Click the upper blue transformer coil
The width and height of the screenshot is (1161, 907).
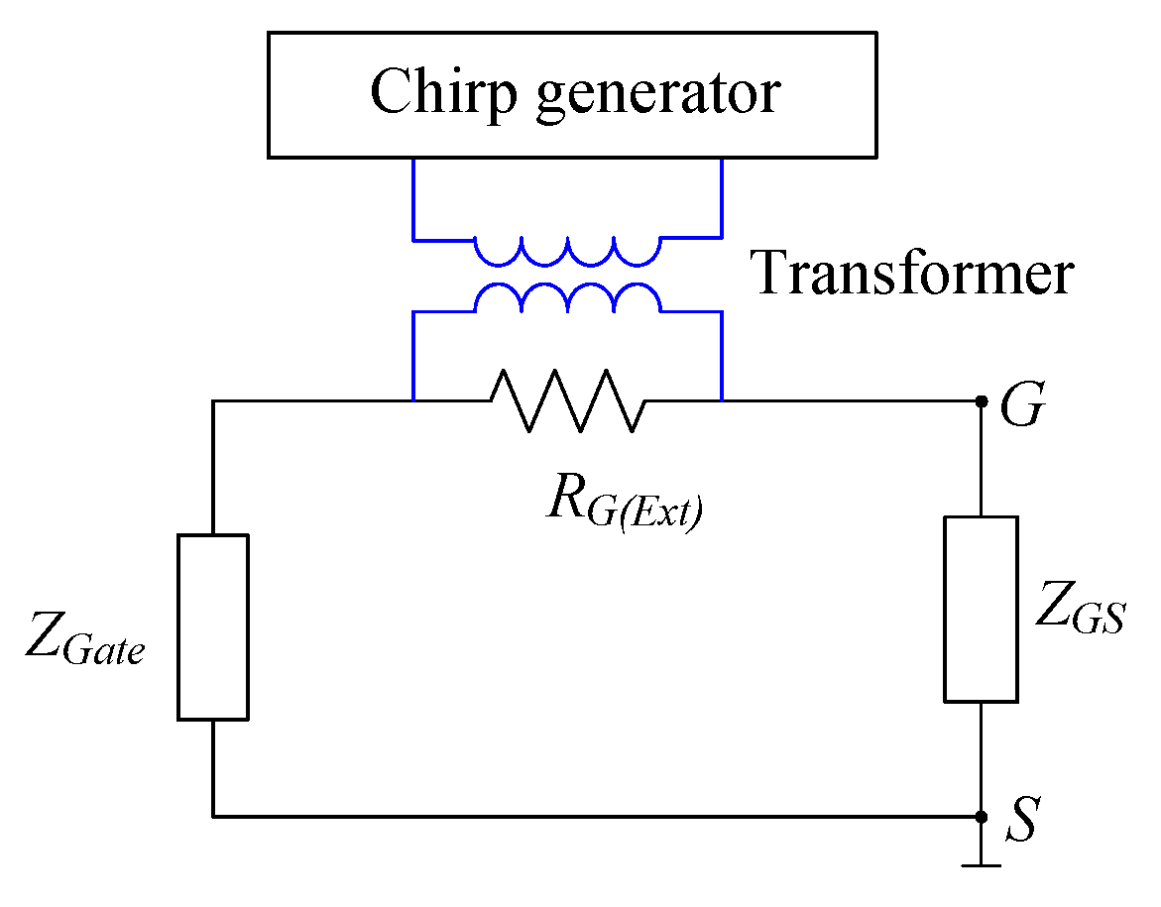point(566,252)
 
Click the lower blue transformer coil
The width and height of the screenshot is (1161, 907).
point(566,296)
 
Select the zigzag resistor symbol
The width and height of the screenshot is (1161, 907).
point(566,400)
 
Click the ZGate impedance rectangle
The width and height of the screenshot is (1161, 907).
point(212,625)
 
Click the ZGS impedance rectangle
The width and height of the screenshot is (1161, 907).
point(981,609)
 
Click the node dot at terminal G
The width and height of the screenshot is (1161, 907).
point(981,400)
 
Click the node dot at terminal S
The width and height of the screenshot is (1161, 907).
point(981,817)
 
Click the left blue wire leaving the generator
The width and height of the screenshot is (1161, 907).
point(412,198)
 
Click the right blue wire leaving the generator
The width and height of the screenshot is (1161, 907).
point(721,198)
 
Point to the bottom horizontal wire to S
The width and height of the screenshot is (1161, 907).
point(595,817)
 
